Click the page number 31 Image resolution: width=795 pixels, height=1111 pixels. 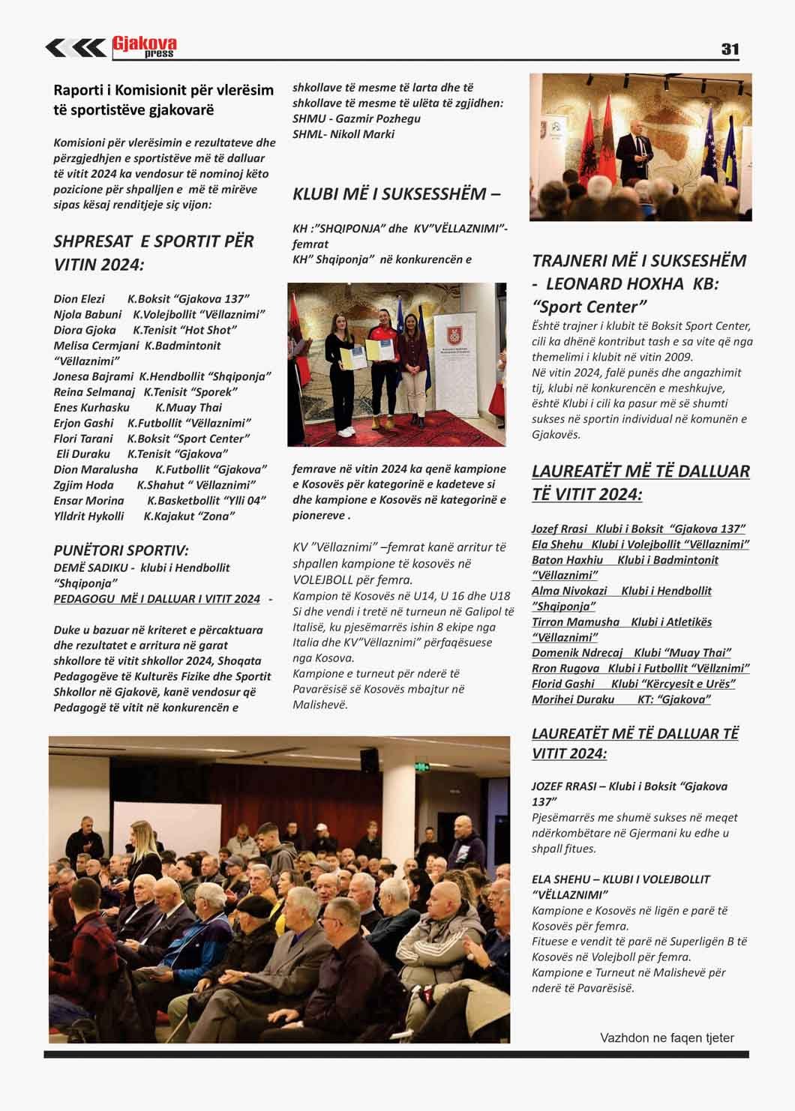coord(730,49)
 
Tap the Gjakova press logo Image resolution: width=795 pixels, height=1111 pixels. coord(144,46)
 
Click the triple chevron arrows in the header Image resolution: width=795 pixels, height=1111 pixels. coord(75,47)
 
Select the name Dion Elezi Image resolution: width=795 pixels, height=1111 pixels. coord(79,298)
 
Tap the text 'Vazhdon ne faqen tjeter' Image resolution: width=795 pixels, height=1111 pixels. coord(667,1038)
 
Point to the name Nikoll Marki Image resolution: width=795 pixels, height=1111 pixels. coord(364,134)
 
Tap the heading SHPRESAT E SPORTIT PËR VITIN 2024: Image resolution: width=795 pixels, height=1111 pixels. coord(154,253)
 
